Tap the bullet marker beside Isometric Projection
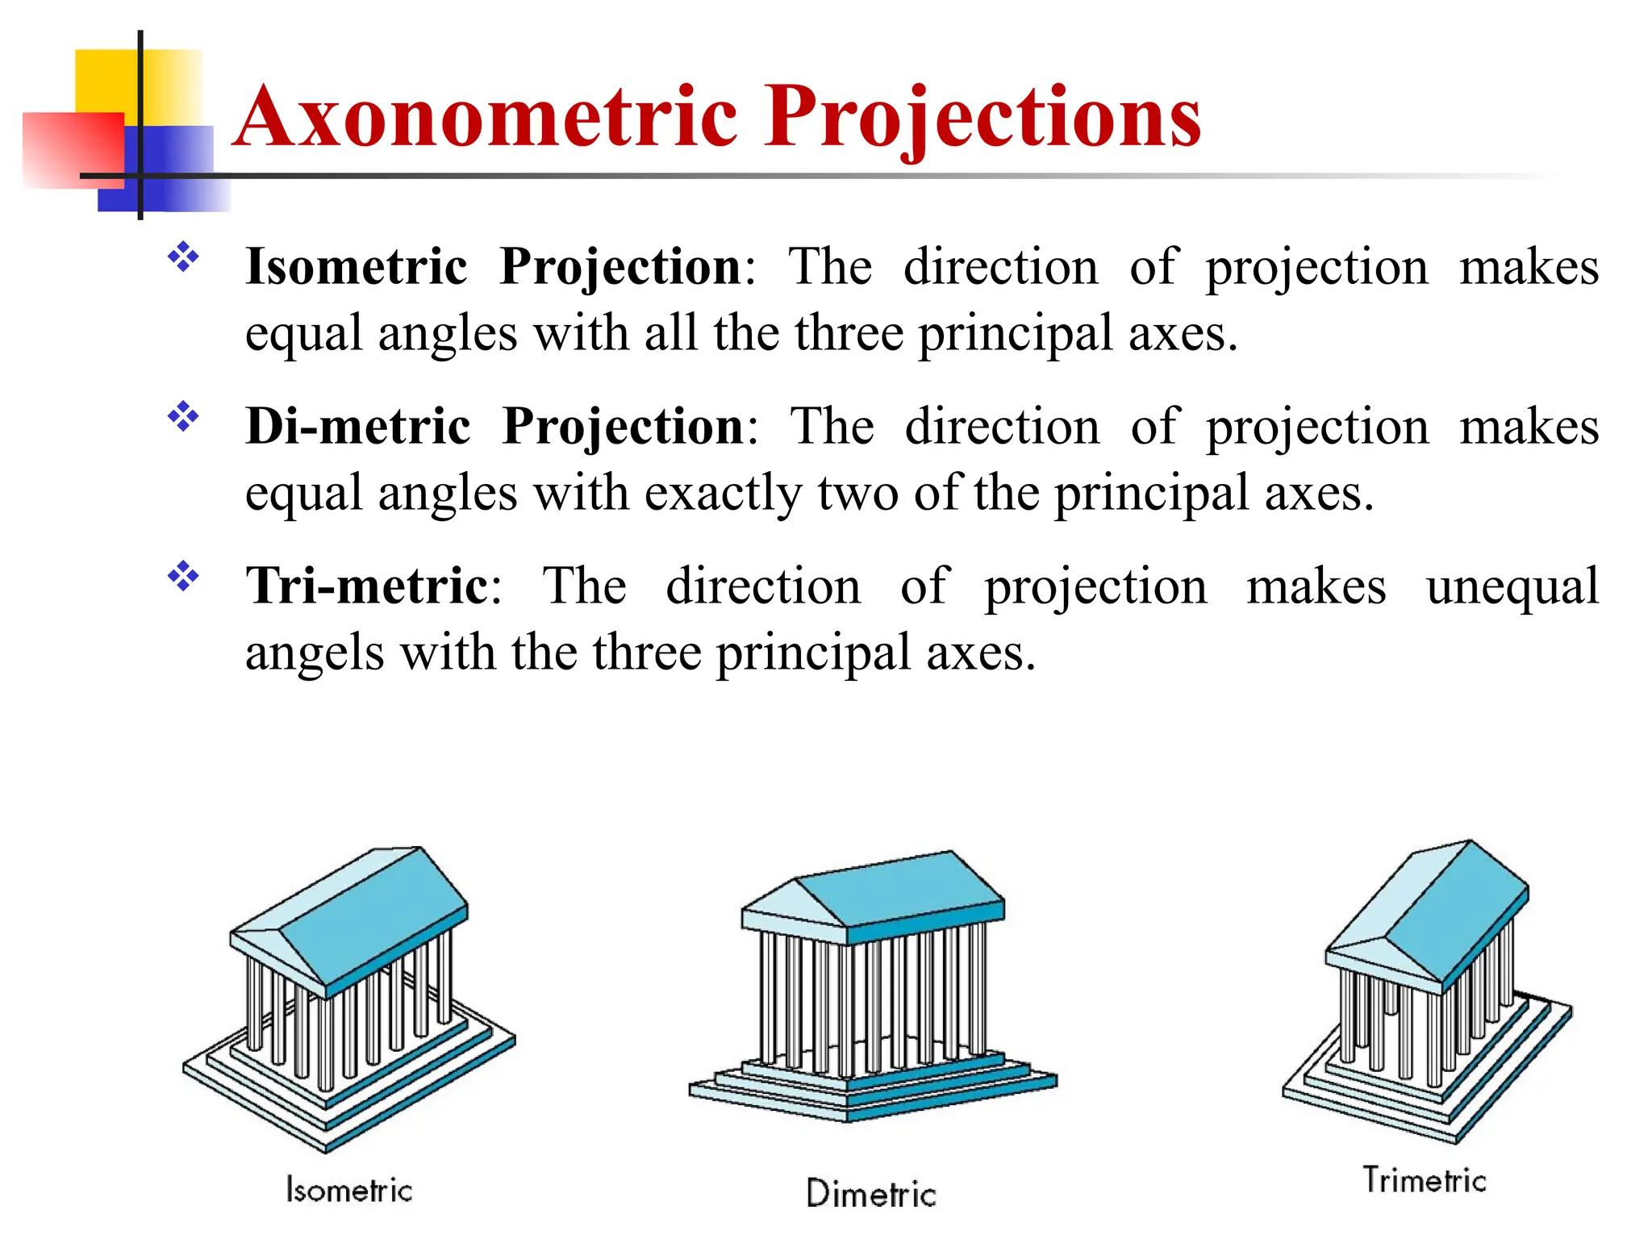(x=183, y=257)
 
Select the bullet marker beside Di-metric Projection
(x=183, y=417)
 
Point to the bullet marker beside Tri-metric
(x=183, y=577)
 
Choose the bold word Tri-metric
(x=367, y=586)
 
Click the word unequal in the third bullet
(x=1512, y=587)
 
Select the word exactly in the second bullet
(x=723, y=494)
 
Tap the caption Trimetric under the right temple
(x=1425, y=1180)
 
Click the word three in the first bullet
(x=849, y=334)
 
